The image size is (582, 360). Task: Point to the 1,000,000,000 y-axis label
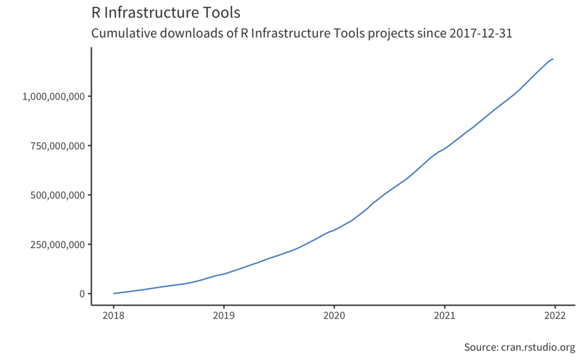(53, 96)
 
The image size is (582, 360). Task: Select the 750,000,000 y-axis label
(58, 146)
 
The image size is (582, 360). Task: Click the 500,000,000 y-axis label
(58, 195)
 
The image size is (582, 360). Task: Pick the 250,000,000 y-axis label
(58, 245)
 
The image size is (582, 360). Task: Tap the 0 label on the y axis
(82, 294)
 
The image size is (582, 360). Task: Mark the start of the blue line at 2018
(114, 293)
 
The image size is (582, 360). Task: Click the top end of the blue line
(553, 59)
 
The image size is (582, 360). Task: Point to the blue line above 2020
(334, 230)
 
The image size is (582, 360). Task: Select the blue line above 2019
(224, 274)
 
